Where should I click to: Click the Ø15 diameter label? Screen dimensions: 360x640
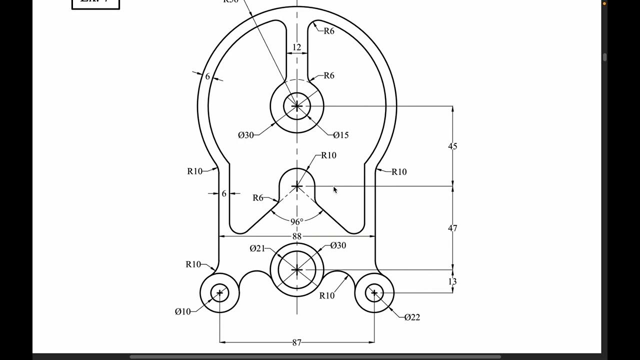(340, 135)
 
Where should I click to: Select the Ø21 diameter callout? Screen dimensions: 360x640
(257, 248)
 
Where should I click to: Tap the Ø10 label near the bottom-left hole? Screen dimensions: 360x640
(182, 311)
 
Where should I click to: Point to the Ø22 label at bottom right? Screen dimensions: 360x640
(412, 317)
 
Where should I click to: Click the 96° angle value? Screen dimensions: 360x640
(297, 221)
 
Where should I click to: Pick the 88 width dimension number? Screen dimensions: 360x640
(297, 236)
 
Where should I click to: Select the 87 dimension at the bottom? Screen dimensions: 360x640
(297, 342)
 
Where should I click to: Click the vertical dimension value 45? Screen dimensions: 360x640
(452, 146)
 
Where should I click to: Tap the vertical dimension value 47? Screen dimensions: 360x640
(452, 228)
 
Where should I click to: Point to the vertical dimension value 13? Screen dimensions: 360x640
(452, 281)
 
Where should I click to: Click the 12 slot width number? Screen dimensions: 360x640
(296, 47)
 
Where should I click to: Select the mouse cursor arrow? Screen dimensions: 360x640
(335, 189)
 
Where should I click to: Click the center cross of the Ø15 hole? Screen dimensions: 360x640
(297, 106)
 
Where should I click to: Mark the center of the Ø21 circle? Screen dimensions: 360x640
(297, 270)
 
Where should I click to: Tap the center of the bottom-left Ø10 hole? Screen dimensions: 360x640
(219, 293)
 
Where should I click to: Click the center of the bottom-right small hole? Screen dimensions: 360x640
(374, 293)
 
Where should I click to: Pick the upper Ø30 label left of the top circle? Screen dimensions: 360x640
(246, 135)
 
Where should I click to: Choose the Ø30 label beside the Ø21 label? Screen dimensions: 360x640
(338, 245)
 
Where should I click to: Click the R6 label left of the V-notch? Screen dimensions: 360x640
(257, 197)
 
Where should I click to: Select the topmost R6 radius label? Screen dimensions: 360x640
(328, 31)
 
